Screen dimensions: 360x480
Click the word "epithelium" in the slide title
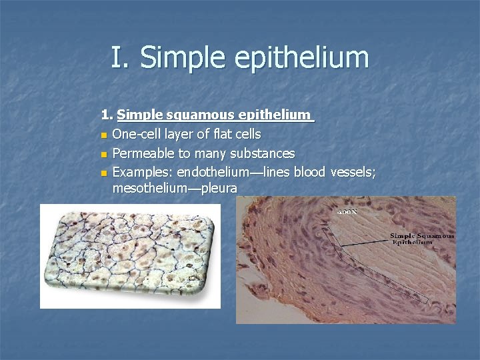pos(301,58)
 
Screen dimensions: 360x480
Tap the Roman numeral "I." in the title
pos(121,58)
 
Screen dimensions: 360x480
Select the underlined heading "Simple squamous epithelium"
pos(215,115)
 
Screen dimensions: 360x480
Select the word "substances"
pos(263,153)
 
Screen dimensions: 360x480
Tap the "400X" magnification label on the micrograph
pos(347,211)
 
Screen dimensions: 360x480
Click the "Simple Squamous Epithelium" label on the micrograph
pos(421,239)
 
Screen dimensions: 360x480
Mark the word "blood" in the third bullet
pos(310,172)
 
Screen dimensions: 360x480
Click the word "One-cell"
pos(137,135)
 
